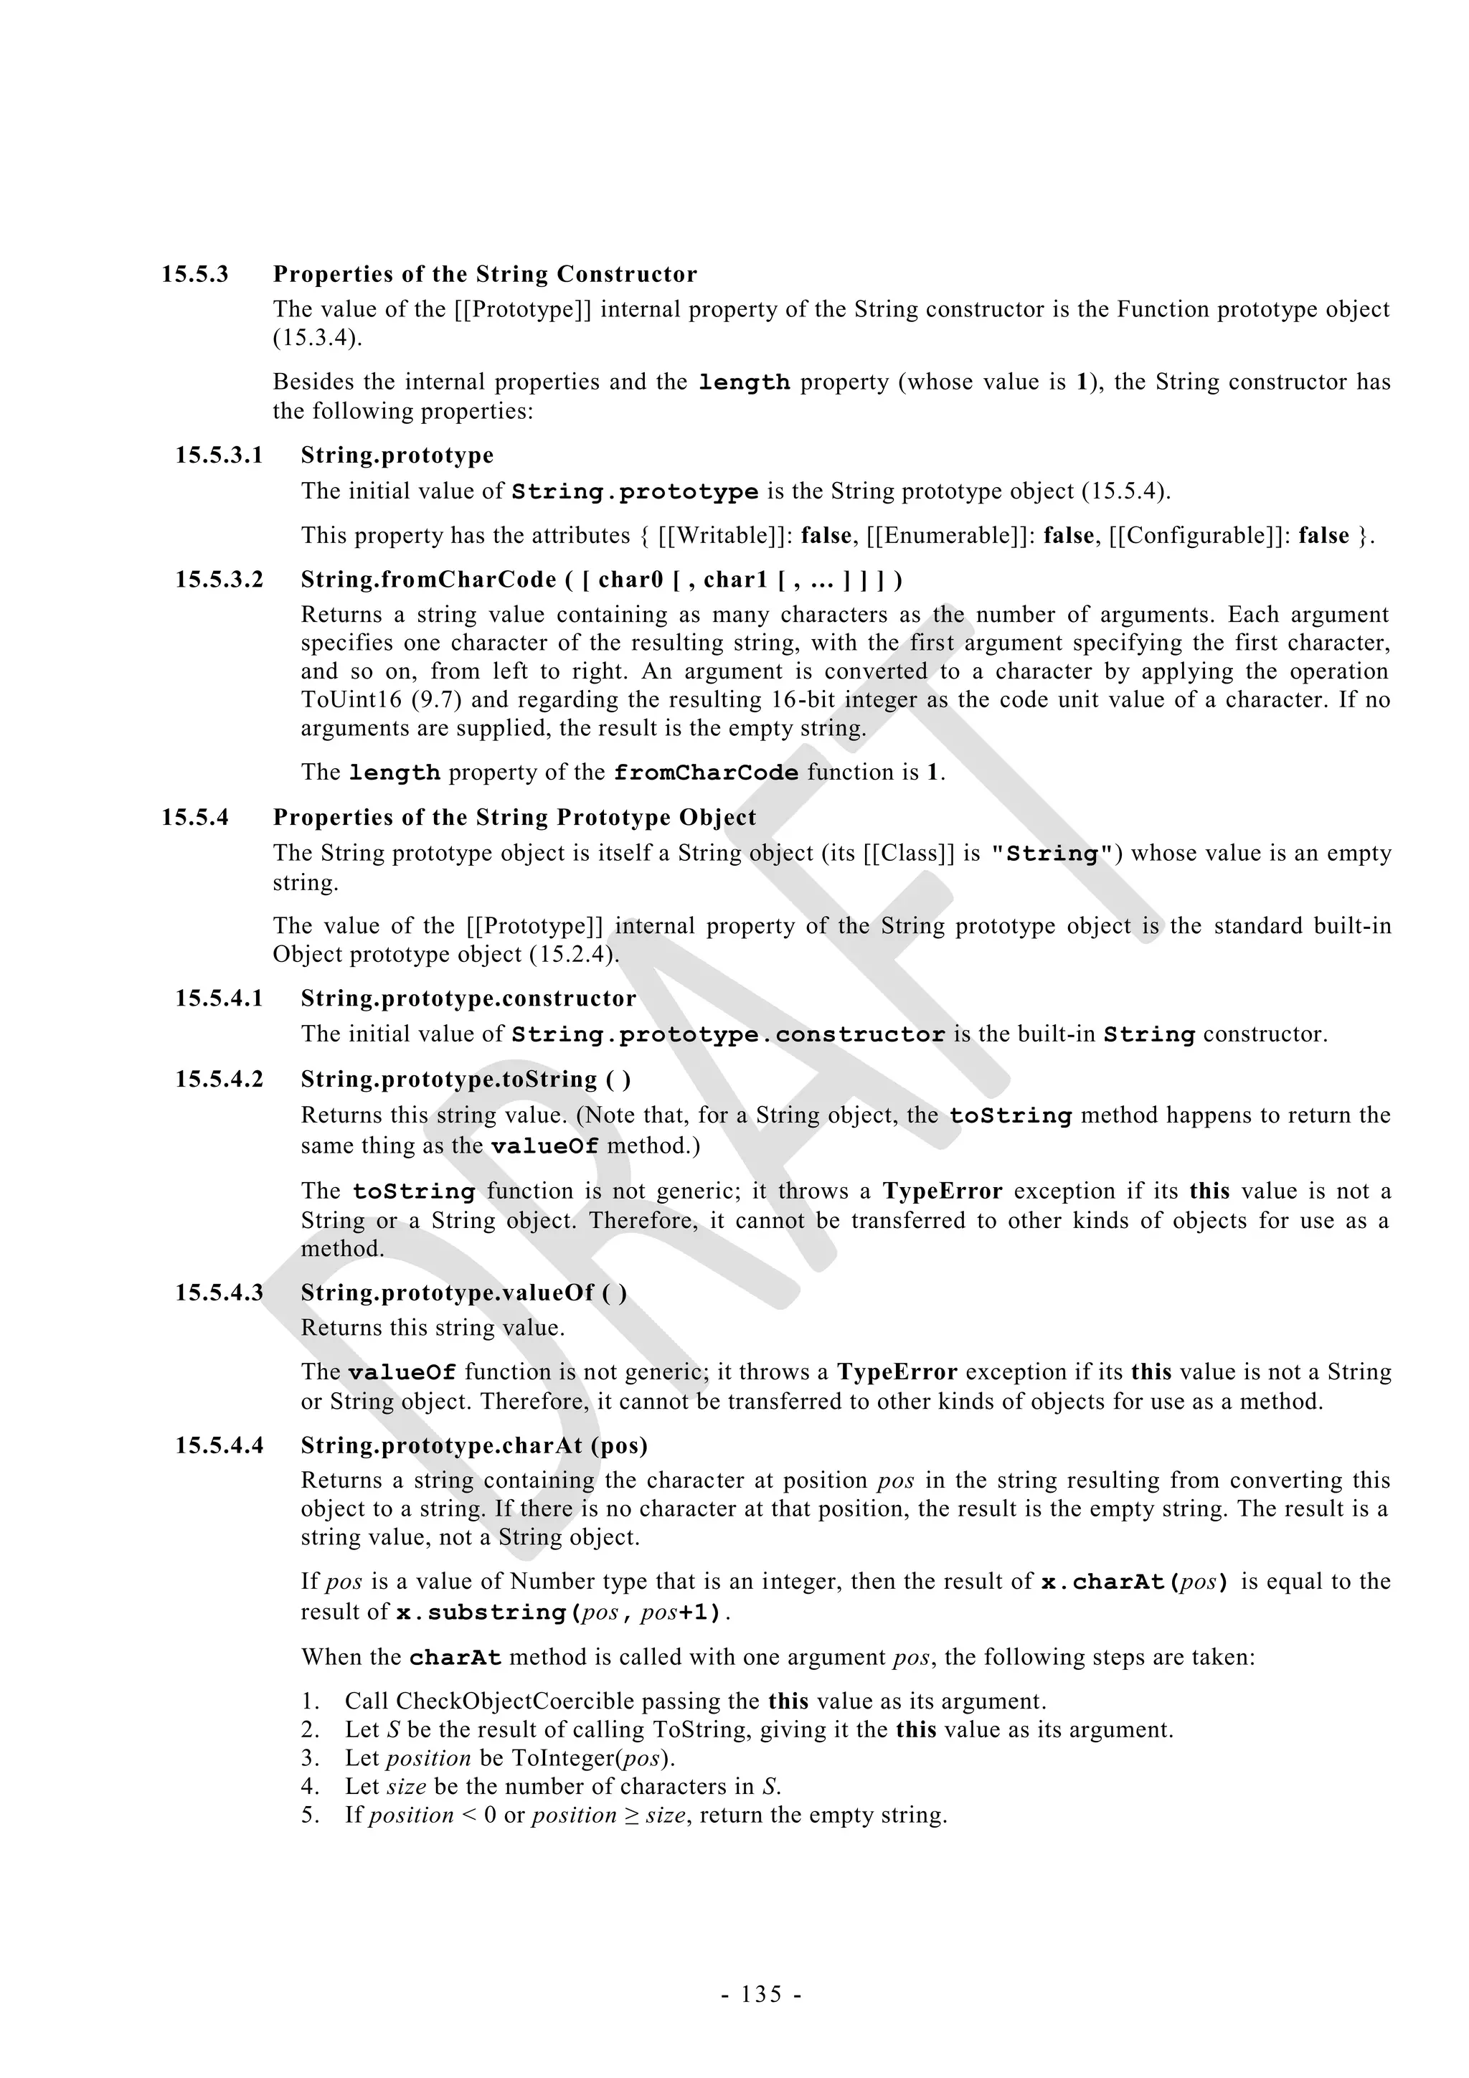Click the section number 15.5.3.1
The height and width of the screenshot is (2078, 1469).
coord(219,455)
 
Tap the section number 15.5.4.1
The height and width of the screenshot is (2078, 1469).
coord(219,998)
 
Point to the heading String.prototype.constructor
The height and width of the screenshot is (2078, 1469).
coord(468,998)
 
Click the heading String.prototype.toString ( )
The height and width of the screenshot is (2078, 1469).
coord(466,1079)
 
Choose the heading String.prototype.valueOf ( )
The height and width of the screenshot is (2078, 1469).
coord(463,1293)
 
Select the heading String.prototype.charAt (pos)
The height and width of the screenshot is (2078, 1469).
coord(474,1445)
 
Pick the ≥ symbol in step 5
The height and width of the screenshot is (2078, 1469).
coord(631,1815)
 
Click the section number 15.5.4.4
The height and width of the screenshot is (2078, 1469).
coord(219,1445)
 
